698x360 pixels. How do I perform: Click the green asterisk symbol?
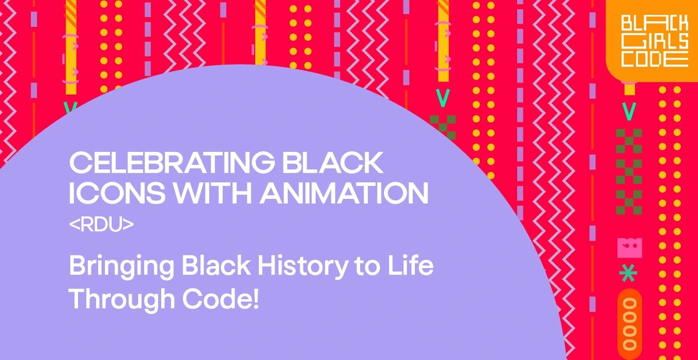[628, 273]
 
